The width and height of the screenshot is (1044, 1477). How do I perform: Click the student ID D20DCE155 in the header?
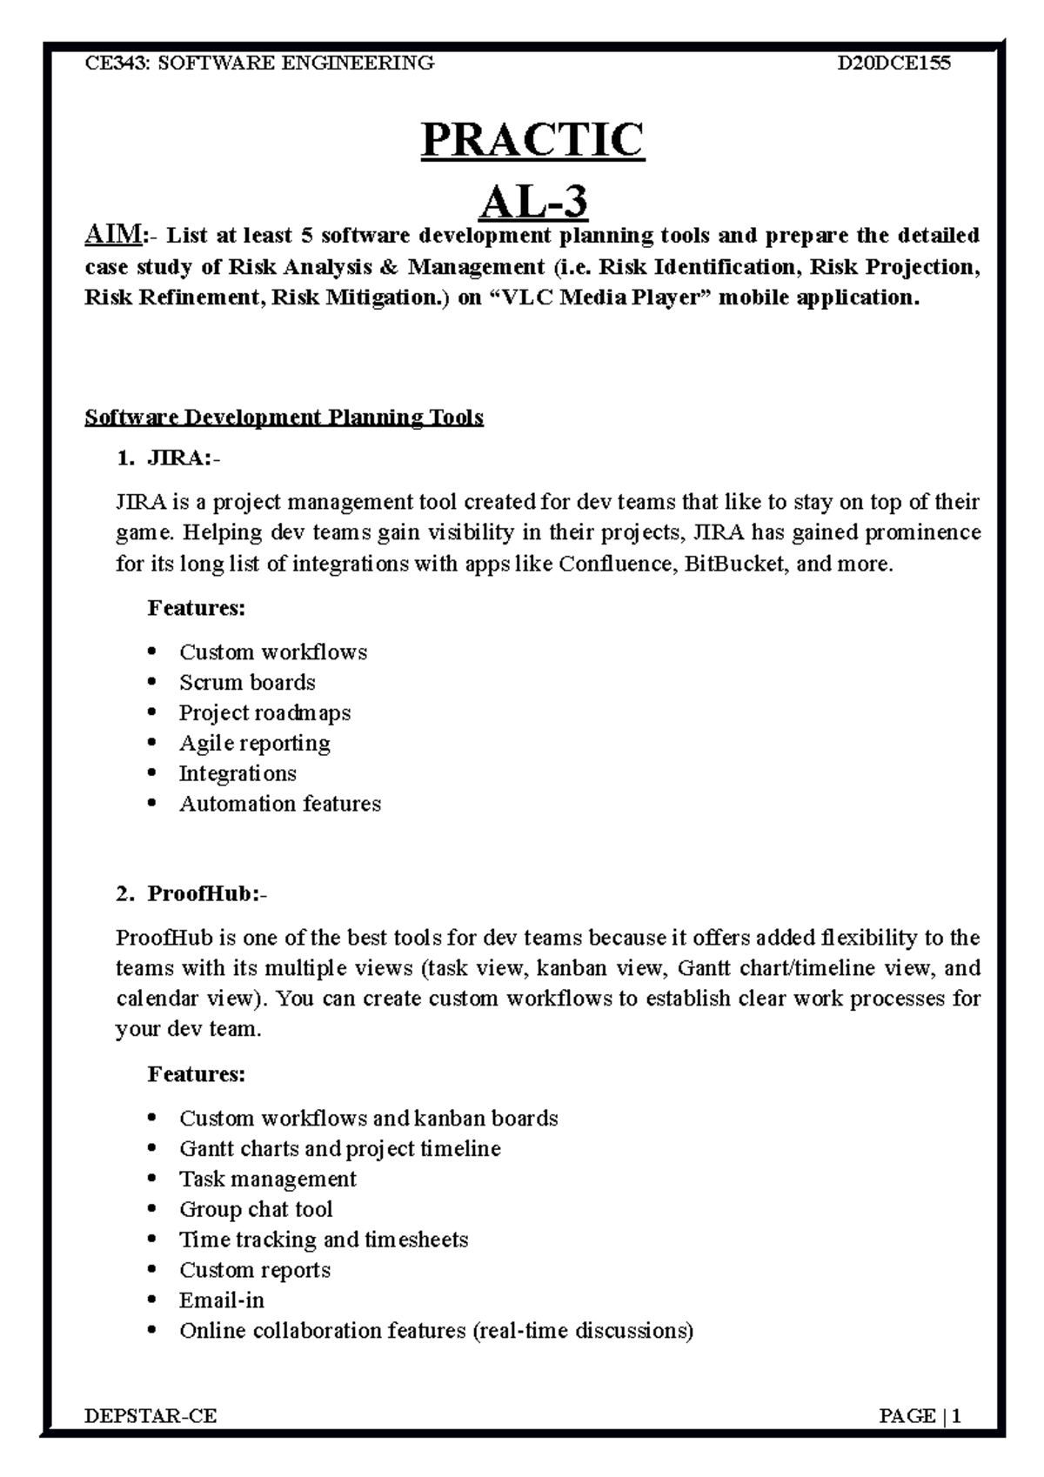pos(893,63)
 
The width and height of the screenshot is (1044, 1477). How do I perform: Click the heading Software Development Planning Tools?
pos(284,418)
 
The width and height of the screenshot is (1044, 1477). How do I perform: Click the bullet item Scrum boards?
pos(247,683)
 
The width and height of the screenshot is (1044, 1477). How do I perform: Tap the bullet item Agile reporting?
pos(254,744)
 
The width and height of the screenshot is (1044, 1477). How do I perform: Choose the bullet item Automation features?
pos(280,804)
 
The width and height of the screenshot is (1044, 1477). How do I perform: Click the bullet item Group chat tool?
pos(256,1209)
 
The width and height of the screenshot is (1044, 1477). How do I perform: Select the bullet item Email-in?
pos(221,1300)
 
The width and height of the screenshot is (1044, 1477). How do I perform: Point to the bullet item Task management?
pos(267,1179)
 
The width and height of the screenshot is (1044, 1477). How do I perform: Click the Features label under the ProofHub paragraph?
pos(197,1074)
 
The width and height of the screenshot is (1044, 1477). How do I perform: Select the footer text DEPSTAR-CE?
pos(151,1416)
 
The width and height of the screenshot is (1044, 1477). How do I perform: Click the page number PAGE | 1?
pos(920,1416)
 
